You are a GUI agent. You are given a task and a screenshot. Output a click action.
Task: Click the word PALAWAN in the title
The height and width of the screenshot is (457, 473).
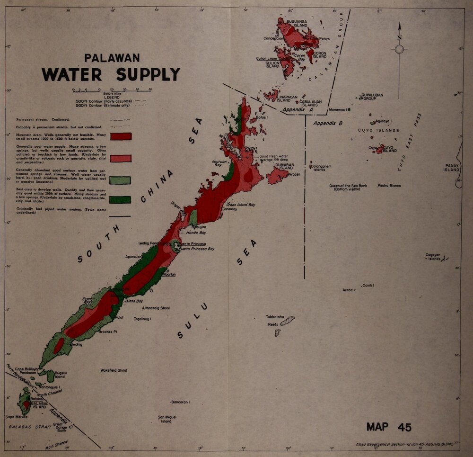[112, 58]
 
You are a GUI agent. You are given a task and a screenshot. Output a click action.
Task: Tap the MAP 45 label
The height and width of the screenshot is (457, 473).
[388, 427]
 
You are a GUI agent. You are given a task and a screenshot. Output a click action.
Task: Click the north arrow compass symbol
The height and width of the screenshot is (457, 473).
[399, 49]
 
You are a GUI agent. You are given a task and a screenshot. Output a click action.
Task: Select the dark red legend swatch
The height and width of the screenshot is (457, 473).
[121, 136]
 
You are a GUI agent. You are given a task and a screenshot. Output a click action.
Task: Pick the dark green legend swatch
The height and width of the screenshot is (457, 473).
[120, 199]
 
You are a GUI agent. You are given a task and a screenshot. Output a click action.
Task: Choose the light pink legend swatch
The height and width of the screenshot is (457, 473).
[121, 158]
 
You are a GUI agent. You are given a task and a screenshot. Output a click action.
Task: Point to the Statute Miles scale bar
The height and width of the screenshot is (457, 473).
[111, 90]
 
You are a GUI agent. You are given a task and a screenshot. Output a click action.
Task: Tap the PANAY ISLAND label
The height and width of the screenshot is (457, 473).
[451, 167]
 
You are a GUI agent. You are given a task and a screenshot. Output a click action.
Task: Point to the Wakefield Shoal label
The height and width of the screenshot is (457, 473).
[114, 370]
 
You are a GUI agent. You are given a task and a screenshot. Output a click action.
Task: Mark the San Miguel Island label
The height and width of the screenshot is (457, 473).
[167, 419]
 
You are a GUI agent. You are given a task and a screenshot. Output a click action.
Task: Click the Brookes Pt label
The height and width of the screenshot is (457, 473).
[108, 332]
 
